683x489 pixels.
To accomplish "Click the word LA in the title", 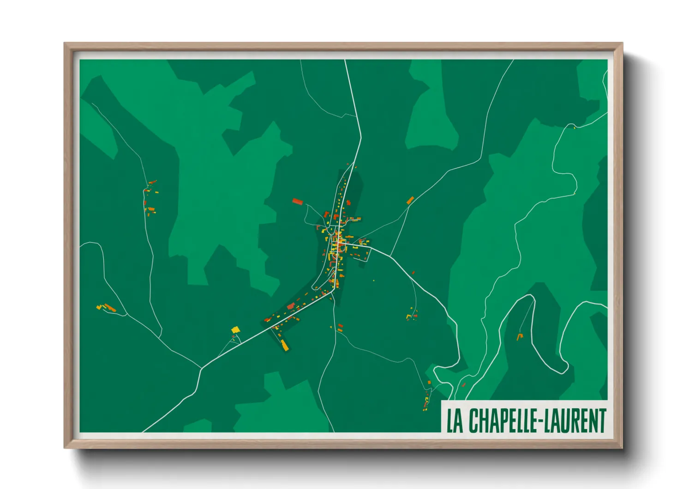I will (x=455, y=421).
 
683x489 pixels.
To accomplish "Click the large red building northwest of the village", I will (x=298, y=202).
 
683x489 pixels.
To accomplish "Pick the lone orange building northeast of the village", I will (x=410, y=200).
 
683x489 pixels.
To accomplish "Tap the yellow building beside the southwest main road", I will (x=235, y=330).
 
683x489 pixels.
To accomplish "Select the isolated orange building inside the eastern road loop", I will (x=520, y=336).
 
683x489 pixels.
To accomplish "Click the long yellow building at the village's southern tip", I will (x=284, y=345).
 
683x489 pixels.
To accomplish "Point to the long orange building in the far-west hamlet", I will (x=109, y=307).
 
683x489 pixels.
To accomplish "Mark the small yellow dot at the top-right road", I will (x=574, y=128).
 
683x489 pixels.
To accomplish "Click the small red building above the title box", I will (x=464, y=385).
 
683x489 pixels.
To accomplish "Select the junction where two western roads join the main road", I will (x=201, y=368).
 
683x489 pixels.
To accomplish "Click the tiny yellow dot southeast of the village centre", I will (x=374, y=281).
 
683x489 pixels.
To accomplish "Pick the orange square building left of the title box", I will (x=429, y=382).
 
